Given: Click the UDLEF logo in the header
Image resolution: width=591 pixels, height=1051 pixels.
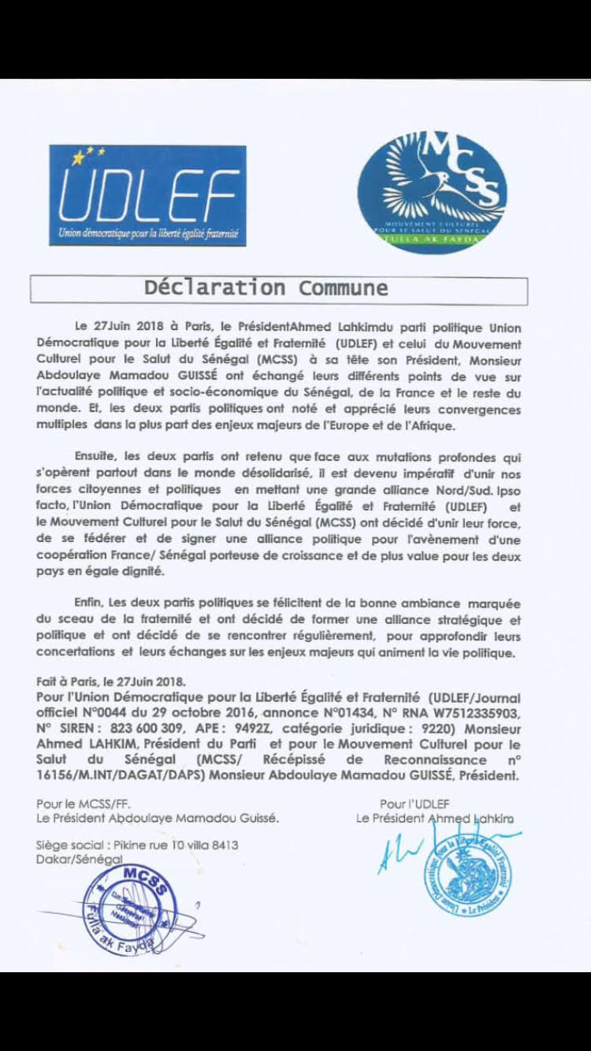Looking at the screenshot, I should point(147,195).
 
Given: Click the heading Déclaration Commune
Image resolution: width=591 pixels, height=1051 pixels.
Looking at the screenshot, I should point(266,288).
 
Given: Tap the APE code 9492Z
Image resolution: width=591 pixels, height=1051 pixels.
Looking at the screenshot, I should point(250,730).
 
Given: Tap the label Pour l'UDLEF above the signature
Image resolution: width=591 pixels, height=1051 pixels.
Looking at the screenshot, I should point(414,804).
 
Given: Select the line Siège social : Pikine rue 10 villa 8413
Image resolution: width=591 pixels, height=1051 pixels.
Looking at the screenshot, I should point(136,845).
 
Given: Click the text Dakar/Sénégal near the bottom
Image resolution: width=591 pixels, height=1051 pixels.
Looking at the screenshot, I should point(79,860).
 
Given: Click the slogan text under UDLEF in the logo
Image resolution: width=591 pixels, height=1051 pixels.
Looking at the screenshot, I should point(148,234).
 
